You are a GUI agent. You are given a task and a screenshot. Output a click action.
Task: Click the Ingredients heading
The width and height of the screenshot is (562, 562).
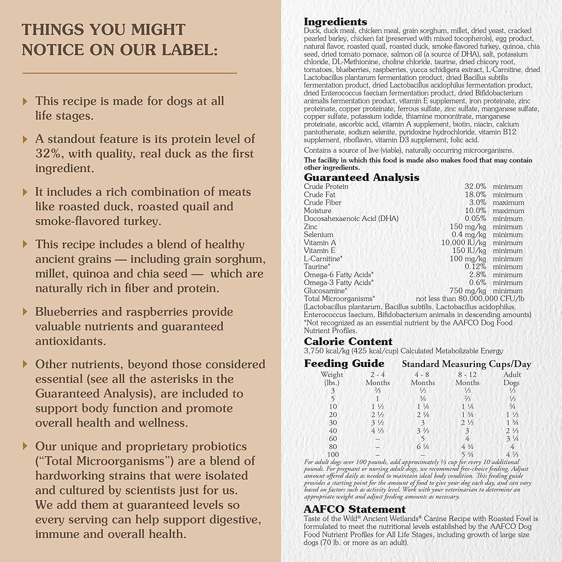(x=336, y=22)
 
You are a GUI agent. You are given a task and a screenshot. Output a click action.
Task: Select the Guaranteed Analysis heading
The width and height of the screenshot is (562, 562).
(x=361, y=178)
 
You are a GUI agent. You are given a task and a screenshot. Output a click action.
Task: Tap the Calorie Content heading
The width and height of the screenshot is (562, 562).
(x=348, y=342)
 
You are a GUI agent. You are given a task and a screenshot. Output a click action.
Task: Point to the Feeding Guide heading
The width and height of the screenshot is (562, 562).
(x=344, y=364)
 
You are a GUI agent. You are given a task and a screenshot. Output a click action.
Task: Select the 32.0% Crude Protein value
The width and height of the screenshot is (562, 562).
(x=475, y=187)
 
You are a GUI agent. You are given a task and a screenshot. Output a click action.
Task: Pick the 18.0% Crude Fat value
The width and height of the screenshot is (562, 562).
(x=475, y=194)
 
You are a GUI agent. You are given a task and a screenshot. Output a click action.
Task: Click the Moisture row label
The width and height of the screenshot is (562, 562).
(x=318, y=210)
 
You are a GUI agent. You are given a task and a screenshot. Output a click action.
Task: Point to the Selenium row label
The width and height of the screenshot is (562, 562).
(x=319, y=234)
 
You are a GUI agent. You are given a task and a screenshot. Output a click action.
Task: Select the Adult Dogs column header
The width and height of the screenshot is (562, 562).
(x=511, y=378)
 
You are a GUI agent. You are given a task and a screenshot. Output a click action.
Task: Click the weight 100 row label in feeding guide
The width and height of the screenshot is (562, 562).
(x=333, y=454)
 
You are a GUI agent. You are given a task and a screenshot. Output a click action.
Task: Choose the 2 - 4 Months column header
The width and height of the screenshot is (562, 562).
(x=378, y=378)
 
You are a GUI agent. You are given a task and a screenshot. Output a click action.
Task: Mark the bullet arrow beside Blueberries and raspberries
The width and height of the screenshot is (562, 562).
(x=25, y=312)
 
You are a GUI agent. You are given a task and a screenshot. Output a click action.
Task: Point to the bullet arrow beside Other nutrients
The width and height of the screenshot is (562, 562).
(x=25, y=364)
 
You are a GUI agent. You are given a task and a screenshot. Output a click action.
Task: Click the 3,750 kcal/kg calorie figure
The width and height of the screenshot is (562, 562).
(x=325, y=351)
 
